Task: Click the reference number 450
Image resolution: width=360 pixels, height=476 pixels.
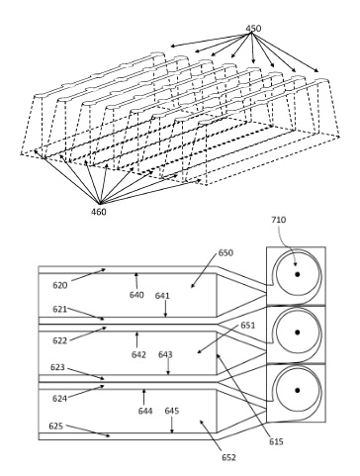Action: click(x=253, y=29)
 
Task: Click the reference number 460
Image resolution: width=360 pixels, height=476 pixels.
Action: click(x=99, y=212)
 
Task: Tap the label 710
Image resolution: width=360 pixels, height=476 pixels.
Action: click(x=279, y=220)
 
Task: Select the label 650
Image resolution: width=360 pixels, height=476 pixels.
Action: click(x=225, y=253)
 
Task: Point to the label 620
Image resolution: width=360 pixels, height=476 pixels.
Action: click(x=60, y=285)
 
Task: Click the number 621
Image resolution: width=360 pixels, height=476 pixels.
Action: click(x=60, y=309)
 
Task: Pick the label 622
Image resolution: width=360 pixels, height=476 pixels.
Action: click(x=60, y=340)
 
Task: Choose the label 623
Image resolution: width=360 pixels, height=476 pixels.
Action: click(x=57, y=367)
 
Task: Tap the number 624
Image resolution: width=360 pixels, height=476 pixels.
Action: click(x=59, y=399)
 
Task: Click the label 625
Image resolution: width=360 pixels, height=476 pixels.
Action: click(x=56, y=426)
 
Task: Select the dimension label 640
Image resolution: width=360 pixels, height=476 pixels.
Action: click(x=136, y=295)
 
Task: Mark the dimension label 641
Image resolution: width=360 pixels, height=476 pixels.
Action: click(x=162, y=296)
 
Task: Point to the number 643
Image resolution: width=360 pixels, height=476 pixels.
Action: click(x=165, y=354)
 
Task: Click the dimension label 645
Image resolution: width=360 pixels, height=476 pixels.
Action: click(x=172, y=411)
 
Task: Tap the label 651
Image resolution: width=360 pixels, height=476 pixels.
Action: click(x=248, y=326)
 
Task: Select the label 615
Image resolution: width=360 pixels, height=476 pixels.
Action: click(x=276, y=441)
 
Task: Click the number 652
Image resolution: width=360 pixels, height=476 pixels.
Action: click(x=228, y=457)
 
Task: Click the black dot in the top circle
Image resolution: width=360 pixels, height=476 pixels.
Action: click(x=298, y=274)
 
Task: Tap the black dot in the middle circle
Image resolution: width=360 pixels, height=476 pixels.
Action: click(x=298, y=333)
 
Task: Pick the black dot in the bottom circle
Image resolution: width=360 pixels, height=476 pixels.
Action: click(x=298, y=390)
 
